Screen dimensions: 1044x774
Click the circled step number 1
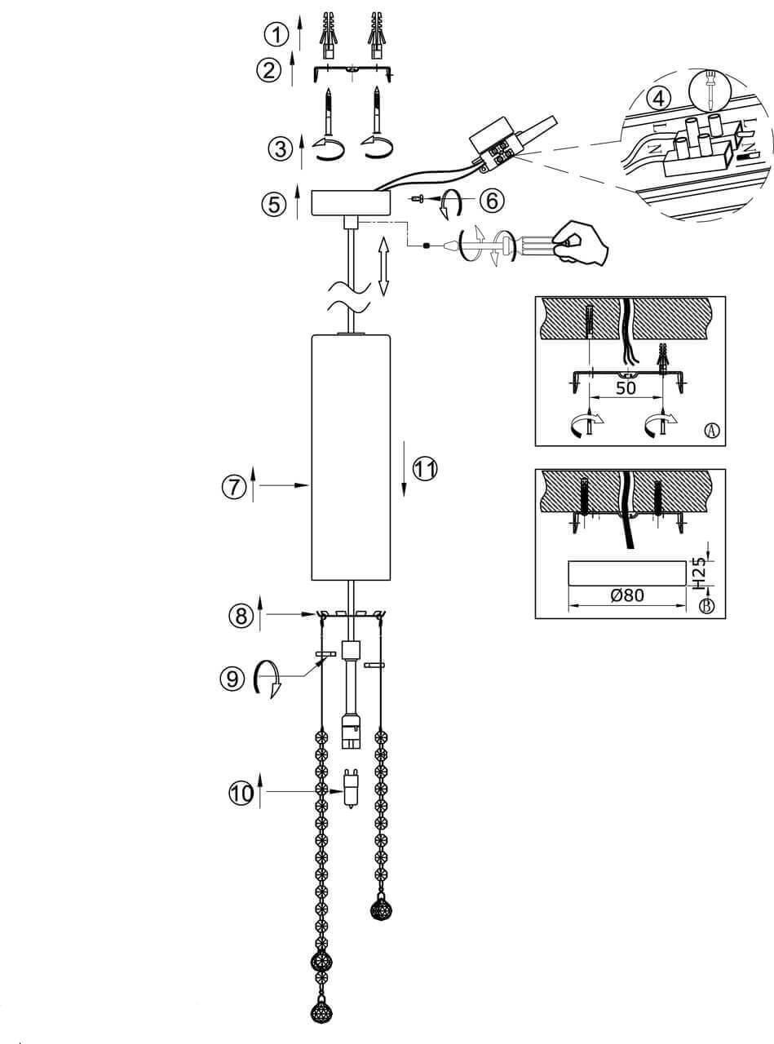click(278, 34)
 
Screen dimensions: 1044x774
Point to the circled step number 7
click(233, 487)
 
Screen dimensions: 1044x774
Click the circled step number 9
click(232, 677)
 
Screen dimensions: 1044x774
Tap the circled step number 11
click(424, 469)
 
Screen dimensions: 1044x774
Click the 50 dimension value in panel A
click(625, 387)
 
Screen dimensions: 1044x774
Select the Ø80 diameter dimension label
click(626, 595)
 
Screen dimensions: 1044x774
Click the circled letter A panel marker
click(711, 430)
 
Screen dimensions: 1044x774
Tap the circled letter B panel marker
click(708, 606)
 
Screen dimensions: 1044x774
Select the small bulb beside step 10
click(351, 787)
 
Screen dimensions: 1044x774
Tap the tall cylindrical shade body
click(352, 457)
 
